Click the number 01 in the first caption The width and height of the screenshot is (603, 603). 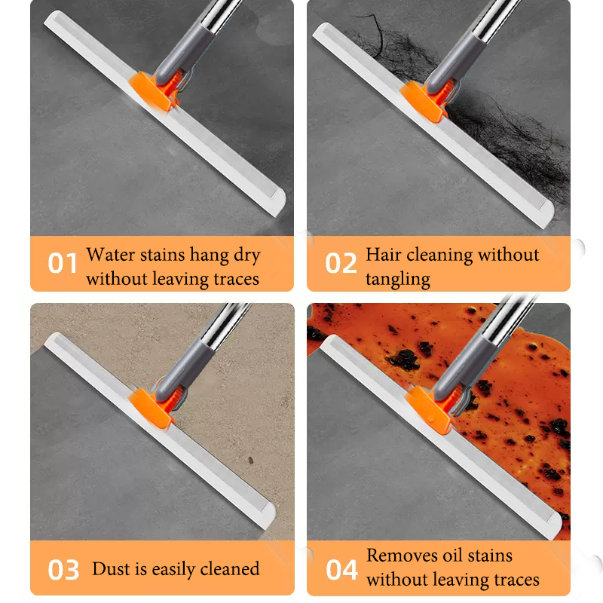coord(63,263)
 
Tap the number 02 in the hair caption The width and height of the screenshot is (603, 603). coord(341,263)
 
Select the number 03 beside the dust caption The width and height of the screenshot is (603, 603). coord(63,570)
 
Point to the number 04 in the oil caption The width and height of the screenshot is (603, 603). coord(341,570)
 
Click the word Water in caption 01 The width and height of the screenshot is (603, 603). coord(111,254)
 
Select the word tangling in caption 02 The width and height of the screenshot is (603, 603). coord(398,280)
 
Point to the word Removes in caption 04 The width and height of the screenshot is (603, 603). coord(401,556)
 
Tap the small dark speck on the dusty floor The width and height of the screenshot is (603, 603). coord(251,460)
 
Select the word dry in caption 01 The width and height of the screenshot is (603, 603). coord(247,256)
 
